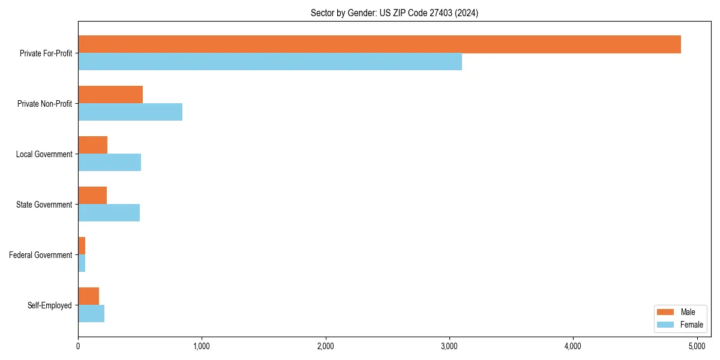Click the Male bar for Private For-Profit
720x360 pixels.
tap(379, 44)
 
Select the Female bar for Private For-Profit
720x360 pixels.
tap(270, 62)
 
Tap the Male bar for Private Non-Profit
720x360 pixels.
tap(110, 95)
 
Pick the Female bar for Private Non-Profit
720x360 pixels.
tap(130, 112)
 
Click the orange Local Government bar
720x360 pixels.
tap(93, 145)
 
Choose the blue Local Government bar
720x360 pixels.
tap(110, 163)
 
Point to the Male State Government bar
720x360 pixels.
tap(92, 196)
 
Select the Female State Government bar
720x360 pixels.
tap(109, 213)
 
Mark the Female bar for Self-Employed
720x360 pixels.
tap(91, 314)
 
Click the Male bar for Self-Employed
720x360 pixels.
tap(89, 296)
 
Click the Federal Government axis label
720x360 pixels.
tap(41, 255)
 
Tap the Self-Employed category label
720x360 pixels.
tap(50, 305)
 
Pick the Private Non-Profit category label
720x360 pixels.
tap(44, 104)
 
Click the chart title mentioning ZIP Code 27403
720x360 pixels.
tap(394, 13)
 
